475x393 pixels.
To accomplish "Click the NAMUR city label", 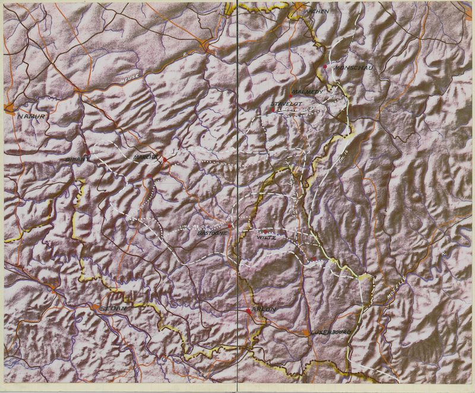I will coord(31,116).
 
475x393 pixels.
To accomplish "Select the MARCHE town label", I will coord(145,157).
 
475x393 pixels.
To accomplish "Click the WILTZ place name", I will coord(267,238).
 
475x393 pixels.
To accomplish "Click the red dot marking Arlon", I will coord(248,311).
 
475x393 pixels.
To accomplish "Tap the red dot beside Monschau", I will coord(326,68).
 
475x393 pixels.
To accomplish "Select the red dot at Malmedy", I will coord(290,96).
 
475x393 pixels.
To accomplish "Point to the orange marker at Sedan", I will coord(94,307).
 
